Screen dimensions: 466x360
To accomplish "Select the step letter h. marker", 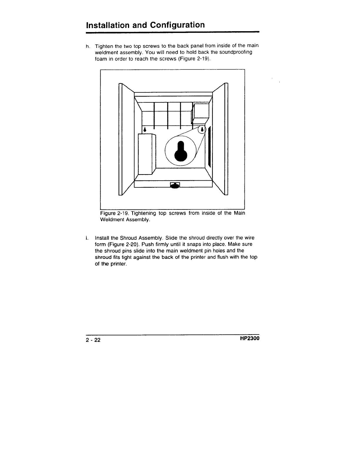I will pyautogui.click(x=88, y=46).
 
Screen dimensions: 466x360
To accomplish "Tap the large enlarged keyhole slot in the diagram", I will pyautogui.click(x=180, y=150).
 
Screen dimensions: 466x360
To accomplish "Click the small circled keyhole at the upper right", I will pyautogui.click(x=202, y=129).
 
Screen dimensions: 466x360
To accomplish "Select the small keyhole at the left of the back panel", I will pyautogui.click(x=145, y=129).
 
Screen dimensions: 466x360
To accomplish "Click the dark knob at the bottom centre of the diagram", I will pyautogui.click(x=175, y=185).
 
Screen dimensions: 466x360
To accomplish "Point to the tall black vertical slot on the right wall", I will pyautogui.click(x=209, y=146).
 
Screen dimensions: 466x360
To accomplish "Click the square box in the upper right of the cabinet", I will pyautogui.click(x=201, y=111).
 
